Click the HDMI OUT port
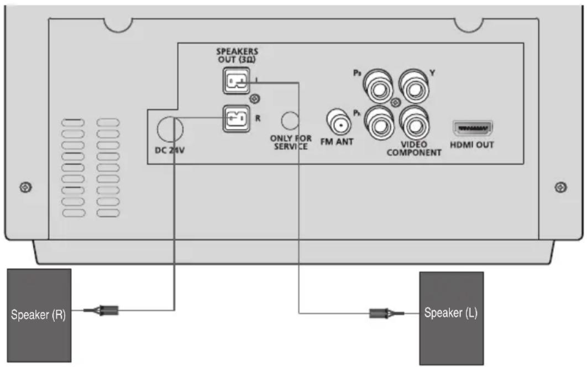point(473,128)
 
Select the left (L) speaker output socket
point(236,81)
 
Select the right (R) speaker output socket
point(236,118)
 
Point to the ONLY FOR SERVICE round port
point(291,120)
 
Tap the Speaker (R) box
point(39,315)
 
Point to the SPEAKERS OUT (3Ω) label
point(237,55)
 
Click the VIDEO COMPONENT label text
point(413,148)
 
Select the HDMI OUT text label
point(473,145)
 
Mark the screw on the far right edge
point(560,187)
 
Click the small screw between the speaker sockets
point(255,99)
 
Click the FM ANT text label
point(337,142)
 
